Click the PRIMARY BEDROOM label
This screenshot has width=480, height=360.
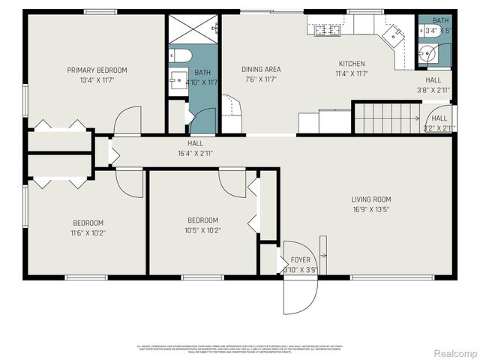[x=97, y=70]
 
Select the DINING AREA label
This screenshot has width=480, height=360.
[x=260, y=69]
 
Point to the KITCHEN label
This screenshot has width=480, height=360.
[x=351, y=64]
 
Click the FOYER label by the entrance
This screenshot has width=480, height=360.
[x=300, y=259]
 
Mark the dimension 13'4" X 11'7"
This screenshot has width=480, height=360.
[x=97, y=79]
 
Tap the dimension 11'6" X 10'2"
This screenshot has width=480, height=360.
[x=88, y=233]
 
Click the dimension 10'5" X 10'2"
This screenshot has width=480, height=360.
[x=203, y=229]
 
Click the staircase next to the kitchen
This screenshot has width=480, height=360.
[x=387, y=118]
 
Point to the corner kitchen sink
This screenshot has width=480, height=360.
[x=391, y=33]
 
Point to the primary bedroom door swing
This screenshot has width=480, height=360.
[x=128, y=121]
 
